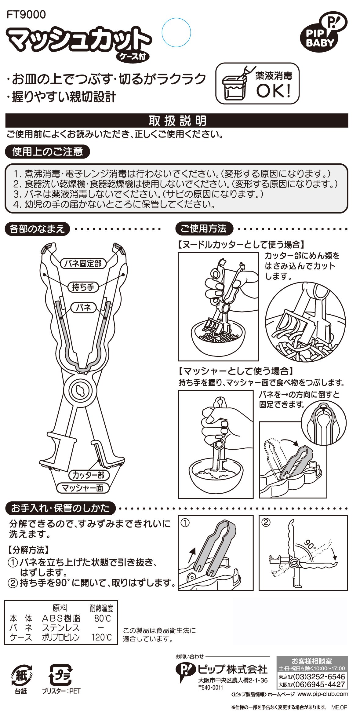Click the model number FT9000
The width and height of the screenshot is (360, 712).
(26, 14)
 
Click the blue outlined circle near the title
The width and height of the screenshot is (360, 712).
(176, 33)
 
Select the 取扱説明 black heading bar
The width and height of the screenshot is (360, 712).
(177, 121)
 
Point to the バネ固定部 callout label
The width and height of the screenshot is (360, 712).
(83, 263)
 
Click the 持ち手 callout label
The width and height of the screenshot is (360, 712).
(83, 287)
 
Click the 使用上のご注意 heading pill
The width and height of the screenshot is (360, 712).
(47, 152)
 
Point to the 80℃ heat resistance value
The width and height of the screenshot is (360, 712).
(103, 619)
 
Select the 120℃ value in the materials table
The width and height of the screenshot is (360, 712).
(102, 637)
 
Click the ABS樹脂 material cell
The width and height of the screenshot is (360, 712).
(61, 619)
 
